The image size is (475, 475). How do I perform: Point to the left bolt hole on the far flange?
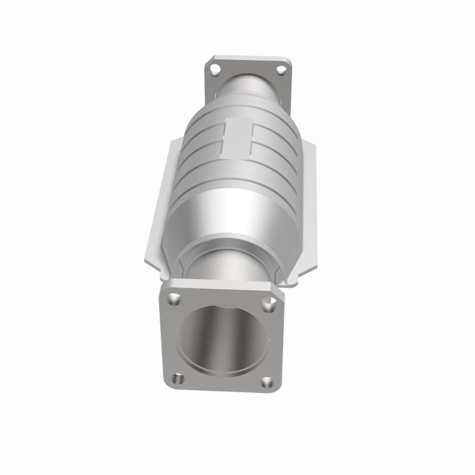tap(216, 70)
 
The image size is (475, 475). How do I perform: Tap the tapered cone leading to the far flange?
tap(246, 89)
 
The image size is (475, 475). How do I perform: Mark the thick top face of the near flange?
tap(220, 286)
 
